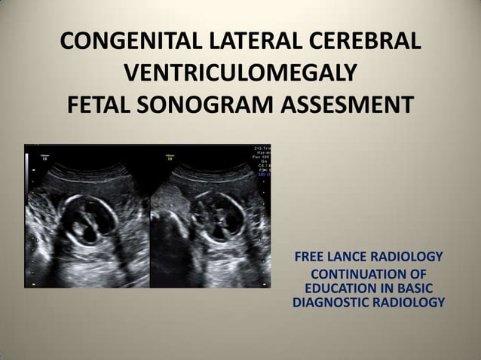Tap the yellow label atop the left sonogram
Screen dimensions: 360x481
pyautogui.click(x=43, y=155)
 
